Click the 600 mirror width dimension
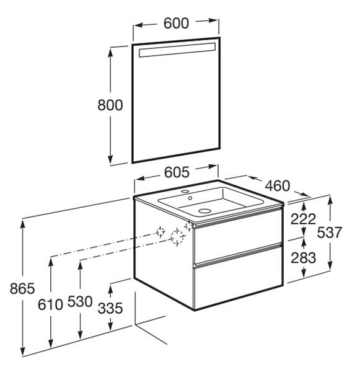click(176, 24)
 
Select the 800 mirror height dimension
click(110, 105)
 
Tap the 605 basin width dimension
click(177, 172)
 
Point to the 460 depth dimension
click(278, 186)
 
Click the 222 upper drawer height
click(304, 219)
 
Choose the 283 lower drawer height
click(304, 258)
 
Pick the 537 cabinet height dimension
click(330, 232)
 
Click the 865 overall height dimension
click(22, 289)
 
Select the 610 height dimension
click(51, 304)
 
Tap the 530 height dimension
click(80, 302)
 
